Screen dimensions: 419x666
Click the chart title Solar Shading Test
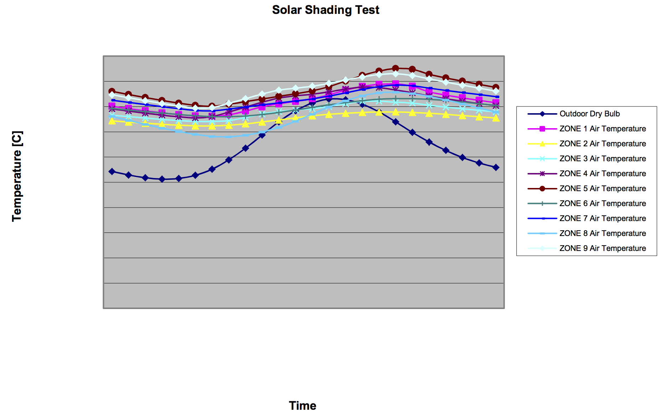[x=326, y=10]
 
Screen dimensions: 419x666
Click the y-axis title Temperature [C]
[x=17, y=176]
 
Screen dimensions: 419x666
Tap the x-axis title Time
[x=302, y=405]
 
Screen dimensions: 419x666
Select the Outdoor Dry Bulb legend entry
[x=589, y=114]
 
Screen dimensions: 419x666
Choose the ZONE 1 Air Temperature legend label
[x=603, y=129]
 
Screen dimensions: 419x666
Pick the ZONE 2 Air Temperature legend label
[x=603, y=144]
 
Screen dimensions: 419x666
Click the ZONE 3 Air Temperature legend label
[x=603, y=159]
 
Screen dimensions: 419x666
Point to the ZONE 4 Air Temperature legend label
[x=603, y=174]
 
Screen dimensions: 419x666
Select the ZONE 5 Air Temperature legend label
[x=603, y=189]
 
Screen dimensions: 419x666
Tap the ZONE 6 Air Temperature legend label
[x=603, y=204]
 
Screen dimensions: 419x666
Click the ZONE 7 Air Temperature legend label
[x=603, y=219]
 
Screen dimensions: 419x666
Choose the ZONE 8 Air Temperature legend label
[x=603, y=234]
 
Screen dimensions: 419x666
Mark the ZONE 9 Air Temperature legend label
[x=603, y=248]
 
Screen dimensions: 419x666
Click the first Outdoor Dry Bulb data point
[x=112, y=172]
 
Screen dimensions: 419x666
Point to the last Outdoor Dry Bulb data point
[x=496, y=167]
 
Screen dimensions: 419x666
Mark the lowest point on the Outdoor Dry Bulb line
[x=162, y=179]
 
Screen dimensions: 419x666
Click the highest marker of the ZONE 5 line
[x=395, y=68]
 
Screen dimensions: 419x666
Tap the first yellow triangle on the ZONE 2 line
[x=112, y=121]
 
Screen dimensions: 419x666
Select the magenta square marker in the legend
[x=542, y=129]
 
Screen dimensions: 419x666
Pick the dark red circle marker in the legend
[x=542, y=189]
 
